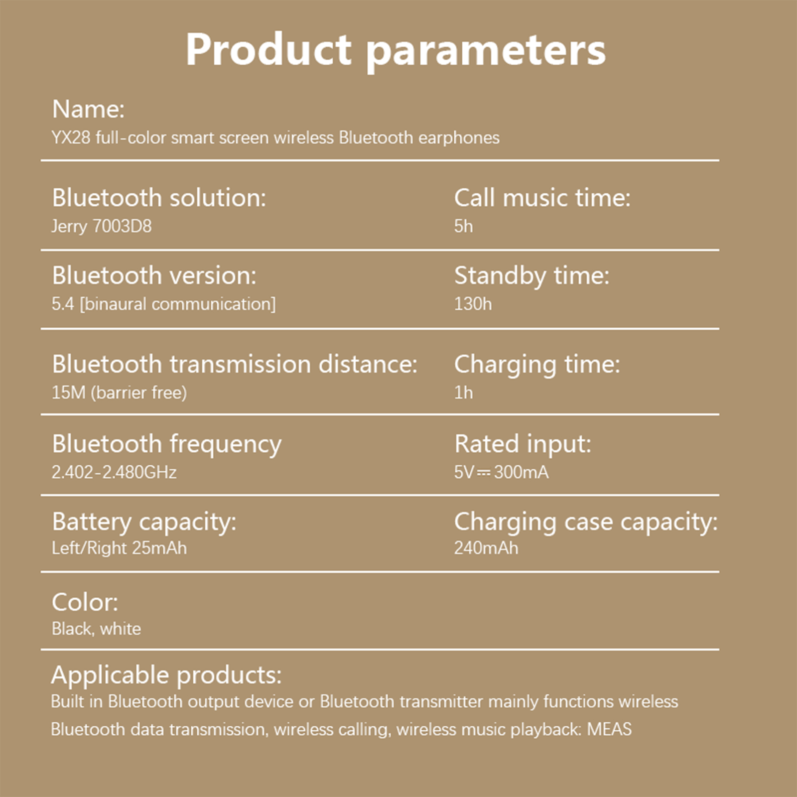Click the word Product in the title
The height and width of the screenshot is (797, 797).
tap(269, 50)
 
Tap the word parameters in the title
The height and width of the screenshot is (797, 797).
tap(486, 53)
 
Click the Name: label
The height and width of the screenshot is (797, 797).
tap(88, 109)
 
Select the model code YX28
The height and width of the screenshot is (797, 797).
tap(71, 137)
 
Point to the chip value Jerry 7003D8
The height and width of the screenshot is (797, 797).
tap(102, 227)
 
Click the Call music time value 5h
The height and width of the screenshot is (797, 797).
tap(463, 226)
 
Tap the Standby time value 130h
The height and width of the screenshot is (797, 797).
tap(473, 304)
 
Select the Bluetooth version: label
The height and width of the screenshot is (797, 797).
tap(154, 275)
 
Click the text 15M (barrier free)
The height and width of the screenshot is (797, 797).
tap(119, 393)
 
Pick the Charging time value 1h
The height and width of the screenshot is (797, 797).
tap(463, 393)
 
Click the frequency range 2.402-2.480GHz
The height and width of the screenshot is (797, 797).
tap(114, 472)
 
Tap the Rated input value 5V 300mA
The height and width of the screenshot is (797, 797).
tap(501, 472)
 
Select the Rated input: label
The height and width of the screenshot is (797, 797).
tap(523, 444)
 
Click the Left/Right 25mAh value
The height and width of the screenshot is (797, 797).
tap(119, 548)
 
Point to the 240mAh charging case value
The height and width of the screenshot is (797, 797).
tap(486, 548)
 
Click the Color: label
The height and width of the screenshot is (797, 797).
tap(85, 602)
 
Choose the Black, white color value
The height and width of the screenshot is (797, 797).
tap(96, 629)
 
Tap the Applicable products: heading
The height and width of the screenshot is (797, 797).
tap(166, 675)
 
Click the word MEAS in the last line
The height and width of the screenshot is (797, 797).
tap(609, 729)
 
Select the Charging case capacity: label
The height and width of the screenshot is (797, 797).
tap(586, 523)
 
